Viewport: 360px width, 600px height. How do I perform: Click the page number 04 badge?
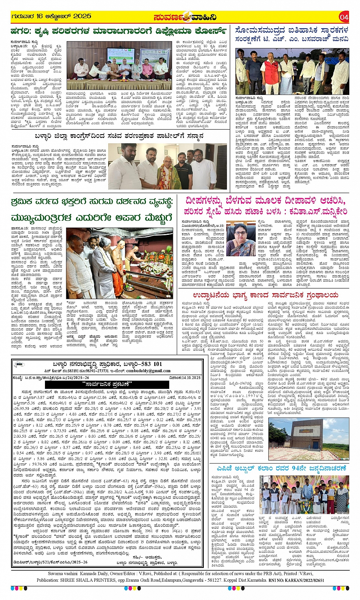(x=344, y=17)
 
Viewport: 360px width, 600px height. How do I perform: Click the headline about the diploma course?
(x=118, y=30)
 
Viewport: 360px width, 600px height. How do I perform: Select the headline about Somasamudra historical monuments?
(x=292, y=34)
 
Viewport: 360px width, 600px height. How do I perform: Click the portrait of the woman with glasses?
(x=241, y=238)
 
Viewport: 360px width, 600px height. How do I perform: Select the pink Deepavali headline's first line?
(x=266, y=201)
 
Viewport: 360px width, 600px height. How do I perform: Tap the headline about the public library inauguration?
(x=266, y=295)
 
